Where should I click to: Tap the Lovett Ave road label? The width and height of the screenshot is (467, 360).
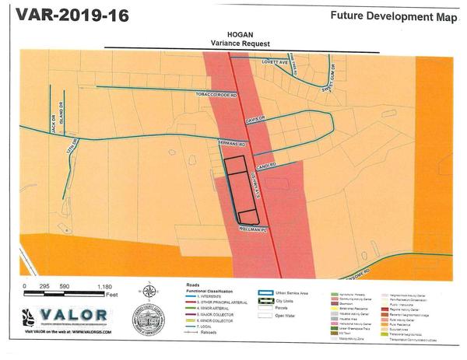tap(275, 61)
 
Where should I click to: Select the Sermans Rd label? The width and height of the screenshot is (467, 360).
tap(231, 145)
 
